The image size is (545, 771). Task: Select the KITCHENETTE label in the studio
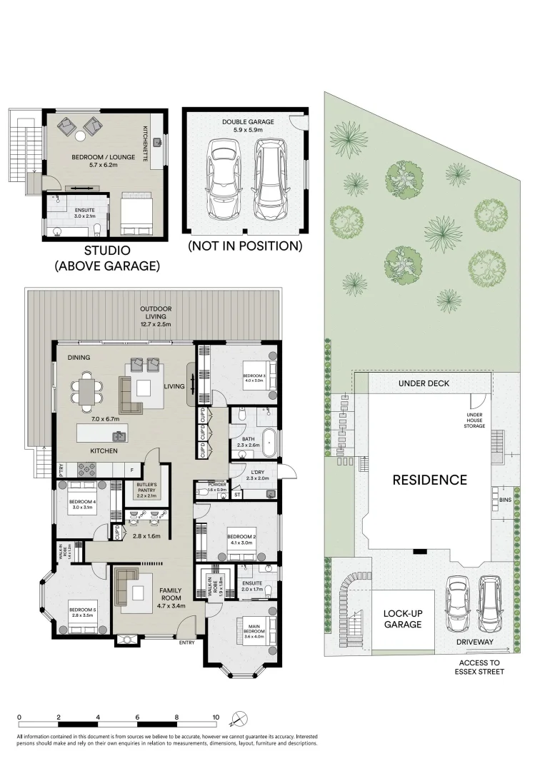[x=145, y=143]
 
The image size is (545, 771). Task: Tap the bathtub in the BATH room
[x=269, y=443]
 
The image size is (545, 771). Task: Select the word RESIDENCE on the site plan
[x=429, y=480]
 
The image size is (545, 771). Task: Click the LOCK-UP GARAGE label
[x=402, y=618]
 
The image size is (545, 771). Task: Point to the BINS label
[x=506, y=500]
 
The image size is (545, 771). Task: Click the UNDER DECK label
[x=423, y=383]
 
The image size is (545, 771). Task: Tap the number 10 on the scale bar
[x=215, y=717]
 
